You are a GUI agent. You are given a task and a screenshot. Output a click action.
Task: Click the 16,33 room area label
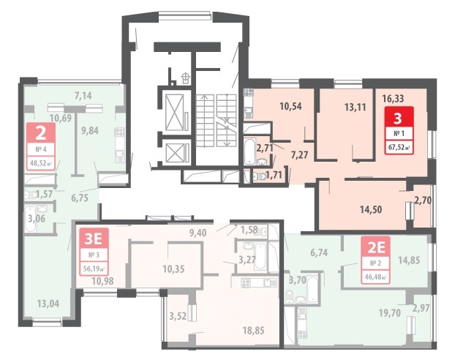[393, 99]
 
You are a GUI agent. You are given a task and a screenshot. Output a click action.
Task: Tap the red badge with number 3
[399, 118]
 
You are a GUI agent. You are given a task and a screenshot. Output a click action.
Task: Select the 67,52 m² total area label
[399, 147]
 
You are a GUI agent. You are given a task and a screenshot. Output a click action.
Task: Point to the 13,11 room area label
[356, 107]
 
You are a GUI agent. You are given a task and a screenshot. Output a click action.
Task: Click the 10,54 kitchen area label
[290, 106]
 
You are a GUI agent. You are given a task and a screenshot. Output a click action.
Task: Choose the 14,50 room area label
[371, 209]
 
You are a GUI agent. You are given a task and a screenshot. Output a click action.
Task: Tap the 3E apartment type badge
[93, 239]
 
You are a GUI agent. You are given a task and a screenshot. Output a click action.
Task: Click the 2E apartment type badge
[376, 247]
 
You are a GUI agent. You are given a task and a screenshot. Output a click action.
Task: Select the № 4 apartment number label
[41, 149]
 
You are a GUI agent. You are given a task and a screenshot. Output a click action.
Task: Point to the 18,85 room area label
[254, 331]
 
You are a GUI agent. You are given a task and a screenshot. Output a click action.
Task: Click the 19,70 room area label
[390, 312]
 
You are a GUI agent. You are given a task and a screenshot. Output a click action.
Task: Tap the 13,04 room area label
[48, 304]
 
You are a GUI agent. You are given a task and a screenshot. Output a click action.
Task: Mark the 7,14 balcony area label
[83, 96]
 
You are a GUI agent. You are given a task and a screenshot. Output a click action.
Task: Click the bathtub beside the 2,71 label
[249, 152]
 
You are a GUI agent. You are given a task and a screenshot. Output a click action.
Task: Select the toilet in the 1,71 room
[259, 176]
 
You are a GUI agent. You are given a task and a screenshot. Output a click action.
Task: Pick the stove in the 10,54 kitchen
[249, 92]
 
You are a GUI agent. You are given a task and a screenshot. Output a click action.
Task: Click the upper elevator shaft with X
[175, 112]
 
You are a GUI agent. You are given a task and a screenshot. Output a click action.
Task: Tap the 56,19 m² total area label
[94, 269]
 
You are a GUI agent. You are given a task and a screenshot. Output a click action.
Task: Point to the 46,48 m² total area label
[376, 277]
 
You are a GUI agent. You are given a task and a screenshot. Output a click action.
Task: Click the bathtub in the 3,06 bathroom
[29, 219]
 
